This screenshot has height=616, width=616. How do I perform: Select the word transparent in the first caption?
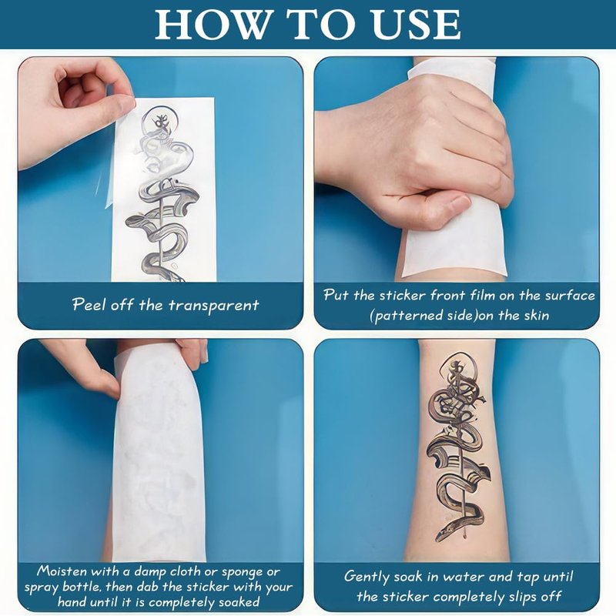click(x=214, y=306)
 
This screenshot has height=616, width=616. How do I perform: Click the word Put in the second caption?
click(x=336, y=295)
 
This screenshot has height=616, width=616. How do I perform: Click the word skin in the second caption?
click(x=537, y=315)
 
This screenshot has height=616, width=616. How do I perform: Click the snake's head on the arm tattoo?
click(x=446, y=533)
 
